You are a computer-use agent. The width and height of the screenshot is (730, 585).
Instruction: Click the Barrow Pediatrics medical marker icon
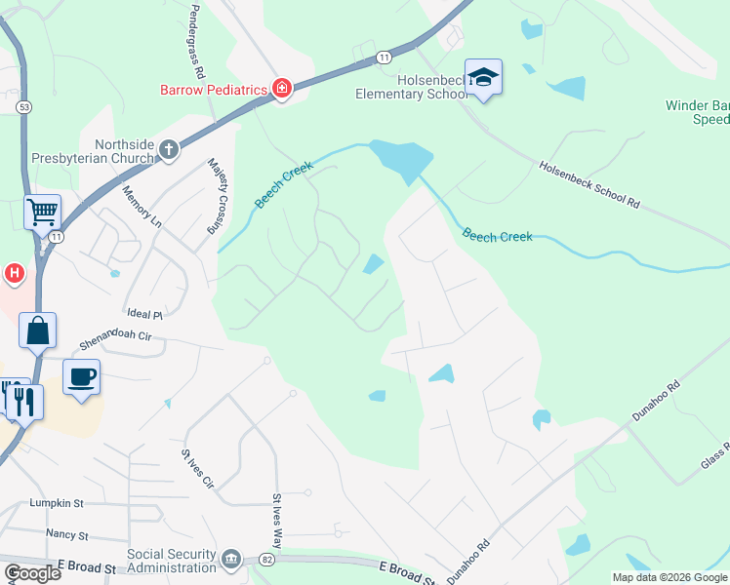point(282,90)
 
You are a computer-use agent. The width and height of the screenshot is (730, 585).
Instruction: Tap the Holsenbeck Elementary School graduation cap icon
point(483,77)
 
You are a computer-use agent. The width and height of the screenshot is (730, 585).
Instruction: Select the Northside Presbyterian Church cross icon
point(169,150)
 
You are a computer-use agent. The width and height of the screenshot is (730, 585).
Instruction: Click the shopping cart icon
point(43,211)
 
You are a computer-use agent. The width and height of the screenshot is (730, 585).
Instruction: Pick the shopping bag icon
point(37,331)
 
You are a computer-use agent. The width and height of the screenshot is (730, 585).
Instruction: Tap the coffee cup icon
point(81,376)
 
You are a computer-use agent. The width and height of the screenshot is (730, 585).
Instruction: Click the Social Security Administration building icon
point(230,559)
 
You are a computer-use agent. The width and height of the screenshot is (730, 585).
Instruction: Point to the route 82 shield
point(266,560)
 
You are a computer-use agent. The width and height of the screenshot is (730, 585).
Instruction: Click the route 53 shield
point(22,105)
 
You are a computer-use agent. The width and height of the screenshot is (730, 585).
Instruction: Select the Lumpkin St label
point(57,503)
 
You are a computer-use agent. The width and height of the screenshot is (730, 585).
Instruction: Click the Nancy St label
point(66,534)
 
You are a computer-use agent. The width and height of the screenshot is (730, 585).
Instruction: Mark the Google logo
point(32,573)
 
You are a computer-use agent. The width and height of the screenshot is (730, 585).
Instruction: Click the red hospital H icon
point(14,274)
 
